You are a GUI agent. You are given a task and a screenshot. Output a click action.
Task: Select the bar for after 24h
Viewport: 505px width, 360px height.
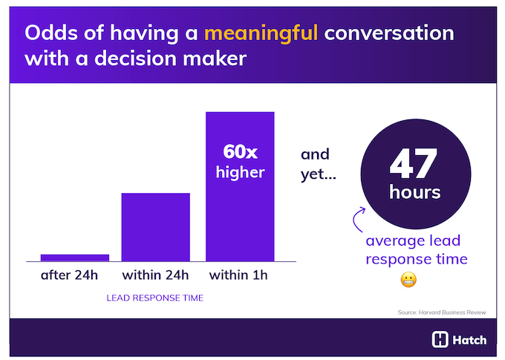pos(75,258)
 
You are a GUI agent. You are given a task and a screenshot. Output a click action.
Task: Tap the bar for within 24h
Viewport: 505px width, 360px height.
pos(155,226)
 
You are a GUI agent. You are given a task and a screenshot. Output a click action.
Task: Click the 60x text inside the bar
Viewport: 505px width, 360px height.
pos(240,152)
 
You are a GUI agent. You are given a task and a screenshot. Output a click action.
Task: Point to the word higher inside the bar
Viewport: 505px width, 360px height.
pos(240,173)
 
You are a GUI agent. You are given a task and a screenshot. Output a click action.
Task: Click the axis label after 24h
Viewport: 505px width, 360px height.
pos(69,275)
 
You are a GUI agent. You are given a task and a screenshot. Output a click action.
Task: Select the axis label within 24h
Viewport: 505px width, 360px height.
pos(155,275)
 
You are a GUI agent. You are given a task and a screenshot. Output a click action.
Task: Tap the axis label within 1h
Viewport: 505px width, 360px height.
pos(238,275)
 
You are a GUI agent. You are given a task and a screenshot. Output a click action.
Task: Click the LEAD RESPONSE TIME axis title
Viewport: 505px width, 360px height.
pos(155,298)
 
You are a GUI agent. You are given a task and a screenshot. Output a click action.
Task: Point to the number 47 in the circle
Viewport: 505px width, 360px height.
pos(415,164)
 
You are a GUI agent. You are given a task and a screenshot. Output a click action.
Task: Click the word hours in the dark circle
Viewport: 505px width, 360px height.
pos(415,192)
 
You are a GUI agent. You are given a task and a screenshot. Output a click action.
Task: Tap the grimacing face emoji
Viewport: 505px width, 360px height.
pos(408,280)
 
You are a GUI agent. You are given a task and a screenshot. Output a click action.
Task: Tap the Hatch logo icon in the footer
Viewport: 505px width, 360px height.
pos(440,340)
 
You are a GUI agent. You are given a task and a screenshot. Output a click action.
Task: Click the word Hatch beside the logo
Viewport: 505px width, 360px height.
pos(470,340)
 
